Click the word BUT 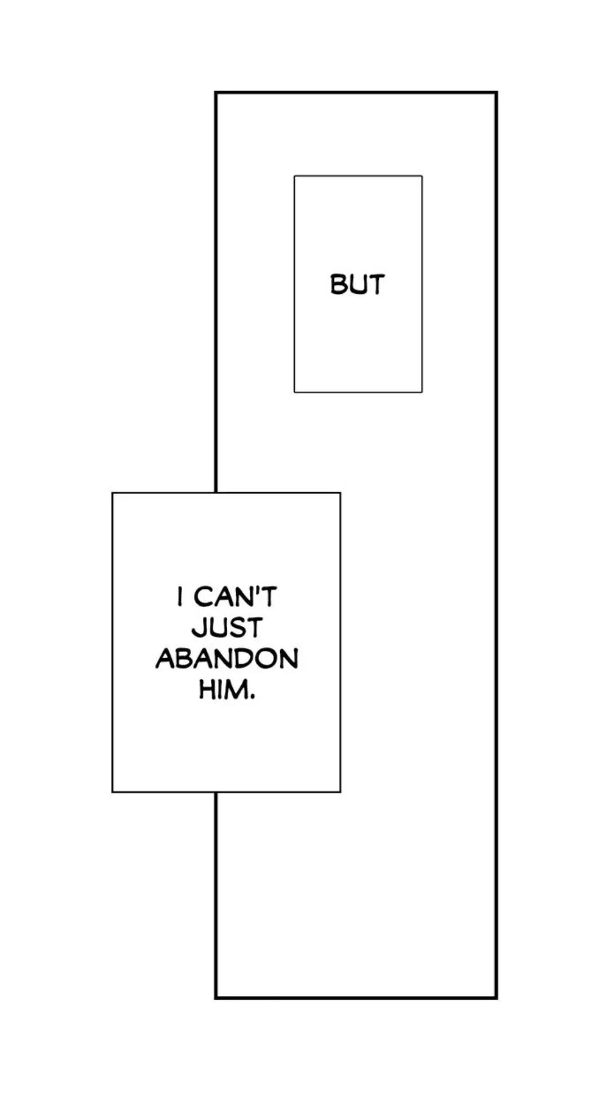click(357, 284)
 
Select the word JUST click(227, 628)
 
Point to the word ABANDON click(227, 658)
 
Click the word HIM click(223, 689)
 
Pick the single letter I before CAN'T click(180, 597)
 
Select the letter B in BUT click(338, 284)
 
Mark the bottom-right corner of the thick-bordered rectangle click(496, 998)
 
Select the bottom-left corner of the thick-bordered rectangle click(216, 998)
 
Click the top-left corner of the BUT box click(294, 176)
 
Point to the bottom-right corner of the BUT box click(422, 392)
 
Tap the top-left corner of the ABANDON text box click(113, 493)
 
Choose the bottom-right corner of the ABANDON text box click(340, 792)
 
